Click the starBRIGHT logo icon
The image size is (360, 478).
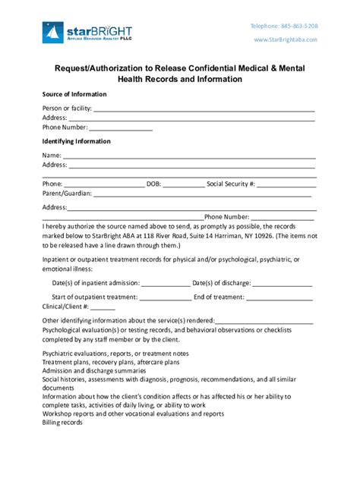pyautogui.click(x=53, y=32)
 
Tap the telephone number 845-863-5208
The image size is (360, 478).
pyautogui.click(x=293, y=26)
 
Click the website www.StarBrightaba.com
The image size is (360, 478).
pyautogui.click(x=286, y=39)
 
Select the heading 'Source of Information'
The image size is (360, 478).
pyautogui.click(x=74, y=94)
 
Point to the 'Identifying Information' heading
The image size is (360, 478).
pyautogui.click(x=77, y=141)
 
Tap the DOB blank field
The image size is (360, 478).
pyautogui.click(x=183, y=184)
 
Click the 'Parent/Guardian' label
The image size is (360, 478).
pyautogui.click(x=67, y=193)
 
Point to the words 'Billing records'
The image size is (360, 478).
pyautogui.click(x=63, y=423)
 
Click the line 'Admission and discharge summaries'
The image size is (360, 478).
pyautogui.click(x=99, y=370)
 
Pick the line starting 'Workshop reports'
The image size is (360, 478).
pyautogui.click(x=133, y=414)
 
